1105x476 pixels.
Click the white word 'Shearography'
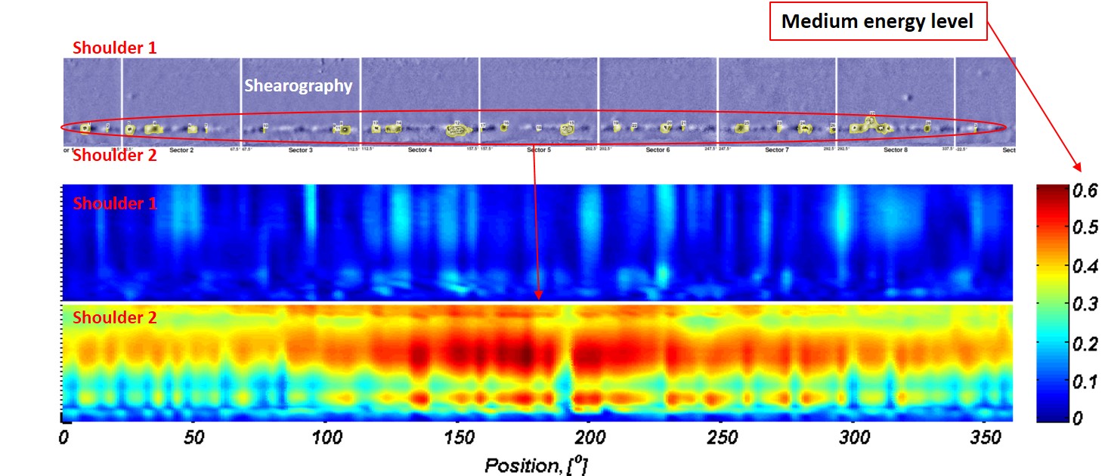pos(299,86)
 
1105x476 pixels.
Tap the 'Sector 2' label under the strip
pos(181,150)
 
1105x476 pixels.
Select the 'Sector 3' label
pos(300,150)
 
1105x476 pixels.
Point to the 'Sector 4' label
pos(419,150)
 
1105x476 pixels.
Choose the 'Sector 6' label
pos(658,150)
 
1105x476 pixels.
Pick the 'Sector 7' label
pos(775,150)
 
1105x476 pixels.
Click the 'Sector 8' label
pos(894,150)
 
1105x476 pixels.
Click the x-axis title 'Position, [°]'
pos(536,465)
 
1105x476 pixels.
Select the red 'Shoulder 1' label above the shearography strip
pos(115,48)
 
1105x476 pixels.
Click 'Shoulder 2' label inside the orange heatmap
pos(115,318)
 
